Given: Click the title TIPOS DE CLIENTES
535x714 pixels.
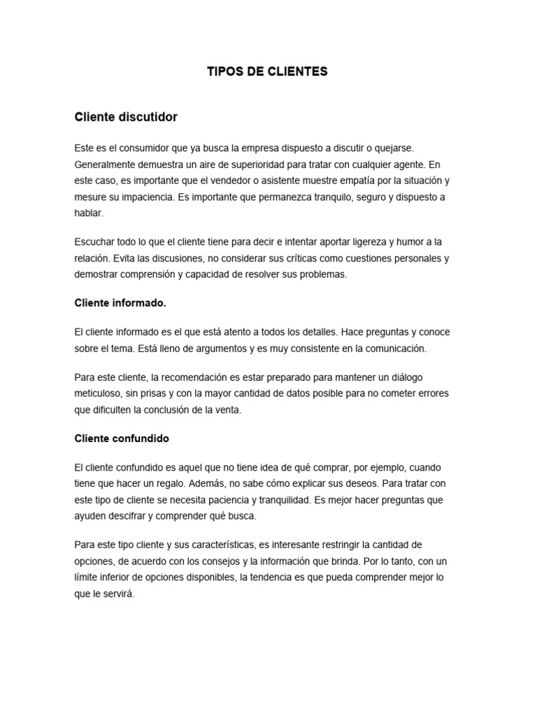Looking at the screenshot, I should tap(267, 72).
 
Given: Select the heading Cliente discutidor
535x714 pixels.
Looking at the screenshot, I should tap(126, 117).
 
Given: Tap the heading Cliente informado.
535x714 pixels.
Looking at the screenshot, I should tap(121, 303).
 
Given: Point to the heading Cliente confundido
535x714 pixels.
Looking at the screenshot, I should tap(122, 439).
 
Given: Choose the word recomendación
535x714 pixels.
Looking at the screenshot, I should tap(199, 377).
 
